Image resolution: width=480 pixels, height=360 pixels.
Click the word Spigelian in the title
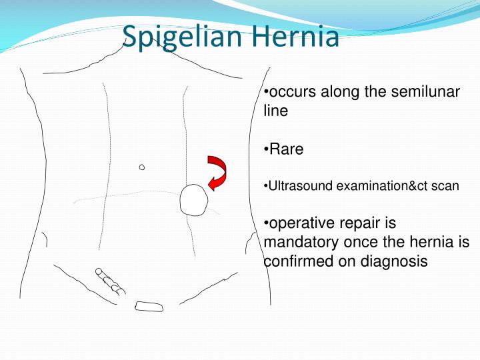(181, 37)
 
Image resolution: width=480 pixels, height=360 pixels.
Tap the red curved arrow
(217, 173)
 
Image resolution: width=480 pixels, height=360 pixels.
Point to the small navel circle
(142, 167)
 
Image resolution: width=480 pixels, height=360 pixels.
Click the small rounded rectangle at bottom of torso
(149, 307)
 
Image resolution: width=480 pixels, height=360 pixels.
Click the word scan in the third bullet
(446, 186)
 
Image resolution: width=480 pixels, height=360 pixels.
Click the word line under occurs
(275, 111)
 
